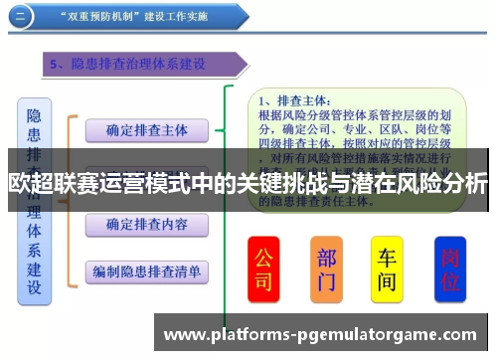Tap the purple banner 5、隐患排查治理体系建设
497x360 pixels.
[139, 65]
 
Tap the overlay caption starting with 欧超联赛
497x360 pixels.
[248, 183]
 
